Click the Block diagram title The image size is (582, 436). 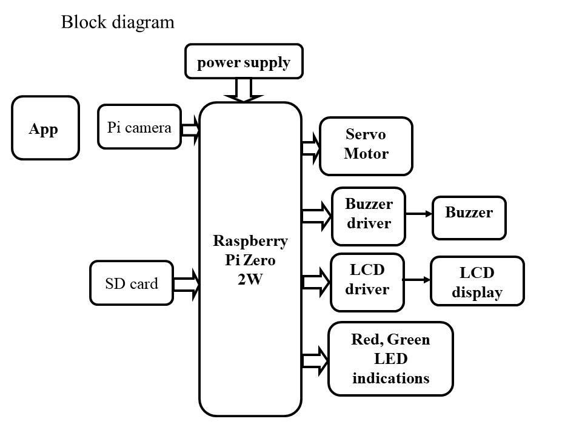tap(118, 23)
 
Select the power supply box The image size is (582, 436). tap(243, 62)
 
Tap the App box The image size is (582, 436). tap(45, 128)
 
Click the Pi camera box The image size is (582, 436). tap(139, 127)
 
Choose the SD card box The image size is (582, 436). tap(131, 283)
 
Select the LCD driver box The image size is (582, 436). tap(367, 280)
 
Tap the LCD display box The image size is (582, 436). tap(477, 282)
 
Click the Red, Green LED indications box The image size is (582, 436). tap(390, 359)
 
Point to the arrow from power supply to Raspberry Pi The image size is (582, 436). tap(243, 91)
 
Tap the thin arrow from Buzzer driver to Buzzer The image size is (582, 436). tap(418, 214)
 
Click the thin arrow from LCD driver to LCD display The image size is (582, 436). tap(417, 280)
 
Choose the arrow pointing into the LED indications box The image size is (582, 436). tap(315, 360)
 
